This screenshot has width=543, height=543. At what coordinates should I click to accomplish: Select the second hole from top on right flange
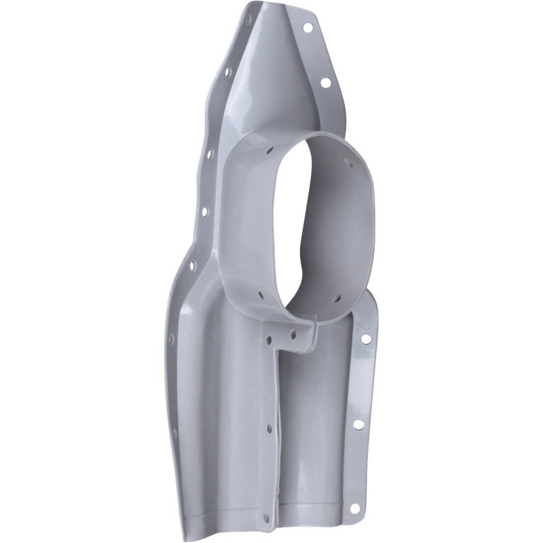326,82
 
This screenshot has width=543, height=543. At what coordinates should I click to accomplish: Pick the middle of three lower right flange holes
358,424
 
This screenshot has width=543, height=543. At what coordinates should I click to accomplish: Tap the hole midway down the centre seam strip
269,428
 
